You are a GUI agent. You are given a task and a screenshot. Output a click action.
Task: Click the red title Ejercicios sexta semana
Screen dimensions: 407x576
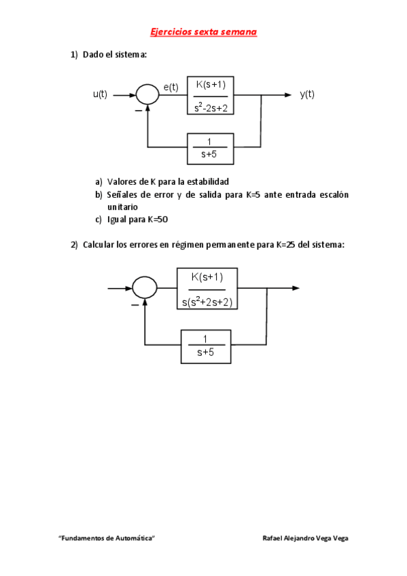204,32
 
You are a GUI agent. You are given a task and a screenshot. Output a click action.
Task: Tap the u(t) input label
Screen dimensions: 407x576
100,94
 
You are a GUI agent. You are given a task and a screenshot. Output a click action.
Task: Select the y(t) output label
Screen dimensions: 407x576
307,94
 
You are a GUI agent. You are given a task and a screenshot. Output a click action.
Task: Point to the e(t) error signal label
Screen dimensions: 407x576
171,88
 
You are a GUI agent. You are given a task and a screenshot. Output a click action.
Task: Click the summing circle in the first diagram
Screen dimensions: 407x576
147,95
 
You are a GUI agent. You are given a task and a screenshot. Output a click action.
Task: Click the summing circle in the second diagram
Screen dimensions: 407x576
144,287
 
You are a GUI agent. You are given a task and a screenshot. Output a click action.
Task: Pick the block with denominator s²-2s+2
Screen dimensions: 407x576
211,96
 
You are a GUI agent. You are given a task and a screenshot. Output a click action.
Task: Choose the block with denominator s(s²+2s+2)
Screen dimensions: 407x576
207,289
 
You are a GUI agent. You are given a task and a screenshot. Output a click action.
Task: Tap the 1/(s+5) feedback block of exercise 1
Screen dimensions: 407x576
211,149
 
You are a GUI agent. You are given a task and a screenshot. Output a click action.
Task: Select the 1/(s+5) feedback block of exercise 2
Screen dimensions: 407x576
206,347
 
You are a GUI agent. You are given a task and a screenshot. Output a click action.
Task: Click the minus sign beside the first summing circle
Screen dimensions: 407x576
139,111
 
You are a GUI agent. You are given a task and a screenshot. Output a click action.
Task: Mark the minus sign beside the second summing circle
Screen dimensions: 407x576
135,305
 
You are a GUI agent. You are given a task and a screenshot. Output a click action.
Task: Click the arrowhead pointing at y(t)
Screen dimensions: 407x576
287,95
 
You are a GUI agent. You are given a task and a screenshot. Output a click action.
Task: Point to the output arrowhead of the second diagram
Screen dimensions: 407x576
296,289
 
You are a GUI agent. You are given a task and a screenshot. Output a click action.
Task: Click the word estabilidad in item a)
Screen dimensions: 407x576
208,182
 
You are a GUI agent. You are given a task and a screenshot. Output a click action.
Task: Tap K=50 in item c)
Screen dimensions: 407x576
158,219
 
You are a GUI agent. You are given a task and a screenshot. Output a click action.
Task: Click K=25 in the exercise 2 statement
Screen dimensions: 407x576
286,245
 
